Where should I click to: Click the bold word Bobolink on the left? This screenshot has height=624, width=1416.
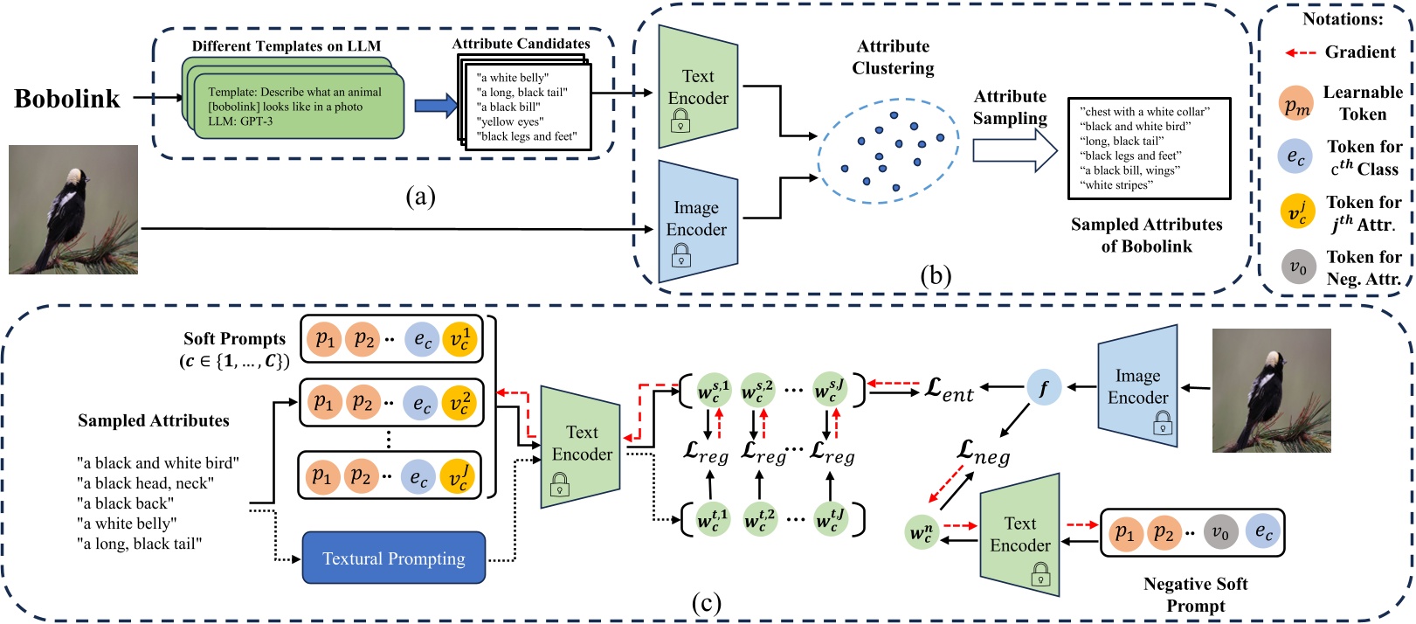coord(67,99)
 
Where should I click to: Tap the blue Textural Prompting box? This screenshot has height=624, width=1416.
coord(393,558)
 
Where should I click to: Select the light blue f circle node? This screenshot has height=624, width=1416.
coord(1043,387)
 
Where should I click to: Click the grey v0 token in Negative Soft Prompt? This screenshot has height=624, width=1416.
coord(1220,532)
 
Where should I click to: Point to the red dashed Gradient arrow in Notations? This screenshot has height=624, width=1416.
coord(1301,52)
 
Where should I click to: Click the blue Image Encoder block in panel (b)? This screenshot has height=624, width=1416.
coord(696,219)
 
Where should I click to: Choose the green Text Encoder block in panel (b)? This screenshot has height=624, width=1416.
coord(697,87)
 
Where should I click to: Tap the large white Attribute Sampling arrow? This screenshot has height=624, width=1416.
coord(1014,150)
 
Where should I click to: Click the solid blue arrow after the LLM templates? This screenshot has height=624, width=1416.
coord(435,107)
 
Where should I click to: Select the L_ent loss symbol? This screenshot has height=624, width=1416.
coord(949,390)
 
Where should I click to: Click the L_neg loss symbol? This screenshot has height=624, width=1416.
coord(984,452)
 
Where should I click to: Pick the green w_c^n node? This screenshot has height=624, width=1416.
coord(922,531)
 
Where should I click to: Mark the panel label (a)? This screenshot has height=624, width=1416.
coord(420,197)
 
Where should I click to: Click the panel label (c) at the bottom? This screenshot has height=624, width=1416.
coord(706,603)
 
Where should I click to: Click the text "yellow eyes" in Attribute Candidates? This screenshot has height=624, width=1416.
coord(509,121)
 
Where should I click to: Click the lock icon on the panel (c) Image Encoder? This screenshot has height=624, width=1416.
coord(1162,424)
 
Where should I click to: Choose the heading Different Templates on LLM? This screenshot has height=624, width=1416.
coord(287,46)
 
